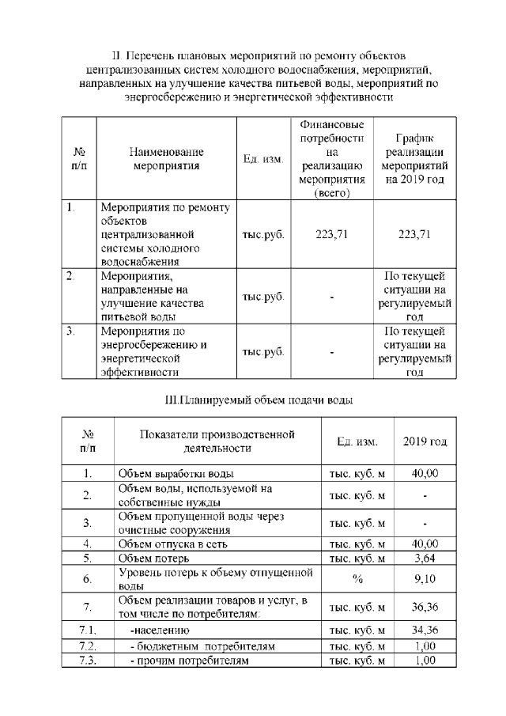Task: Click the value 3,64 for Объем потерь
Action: pos(425,558)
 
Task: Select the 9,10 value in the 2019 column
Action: pos(425,579)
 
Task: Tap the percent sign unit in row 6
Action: pos(357,579)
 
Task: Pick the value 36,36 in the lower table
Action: pos(425,608)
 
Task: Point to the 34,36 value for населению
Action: pos(425,631)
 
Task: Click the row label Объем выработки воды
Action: pos(175,474)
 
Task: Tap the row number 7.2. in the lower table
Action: pos(88,646)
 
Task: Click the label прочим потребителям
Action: pos(189,660)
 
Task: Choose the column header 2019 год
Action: pos(425,441)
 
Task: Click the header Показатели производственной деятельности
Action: pos(217,441)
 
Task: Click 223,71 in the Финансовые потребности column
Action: pos(332,234)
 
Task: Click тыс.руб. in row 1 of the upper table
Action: pos(263,234)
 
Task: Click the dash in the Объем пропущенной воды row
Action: pos(425,523)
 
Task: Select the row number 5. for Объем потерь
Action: pos(88,558)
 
